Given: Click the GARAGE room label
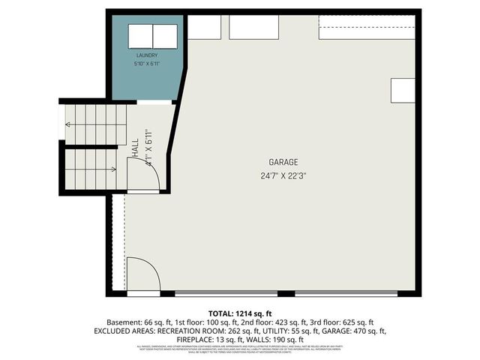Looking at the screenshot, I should [x=283, y=162].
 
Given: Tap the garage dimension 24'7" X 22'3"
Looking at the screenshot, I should [x=283, y=176].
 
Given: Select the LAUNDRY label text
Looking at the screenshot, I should [x=147, y=55].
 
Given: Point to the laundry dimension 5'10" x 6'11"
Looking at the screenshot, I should [x=147, y=64].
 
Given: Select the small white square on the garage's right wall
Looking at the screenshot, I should [x=402, y=91].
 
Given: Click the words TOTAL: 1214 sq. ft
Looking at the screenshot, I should [x=240, y=313].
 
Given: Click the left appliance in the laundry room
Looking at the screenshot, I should [x=139, y=36].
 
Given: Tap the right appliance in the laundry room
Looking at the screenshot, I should [x=165, y=36].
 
